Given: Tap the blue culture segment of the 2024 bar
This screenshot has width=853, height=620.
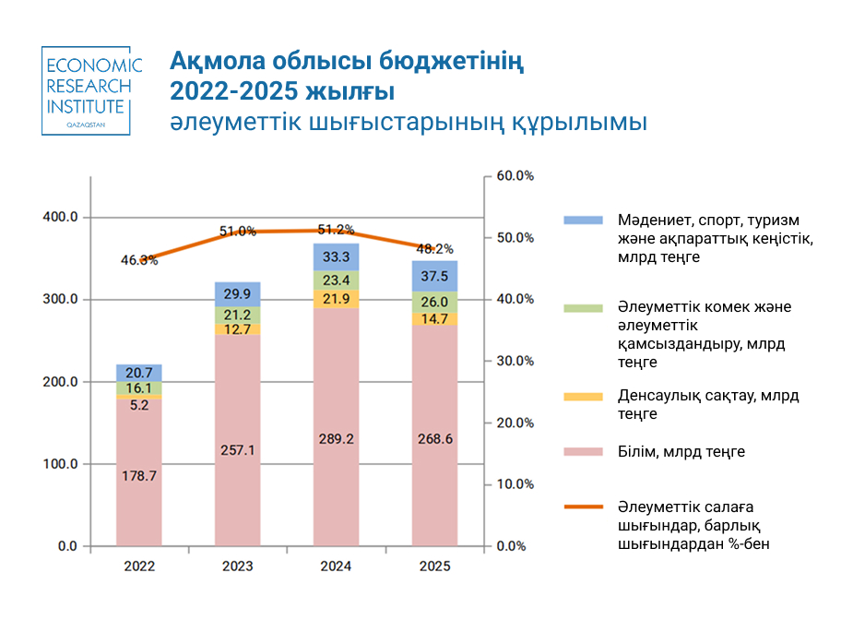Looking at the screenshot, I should (x=336, y=256).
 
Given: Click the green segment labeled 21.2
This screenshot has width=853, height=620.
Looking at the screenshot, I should (x=237, y=316).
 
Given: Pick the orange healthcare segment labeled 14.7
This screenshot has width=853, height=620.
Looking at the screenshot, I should (x=433, y=318).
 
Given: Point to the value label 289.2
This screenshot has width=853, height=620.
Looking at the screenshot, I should (x=336, y=439).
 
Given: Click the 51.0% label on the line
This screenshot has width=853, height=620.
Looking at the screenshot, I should (x=237, y=231).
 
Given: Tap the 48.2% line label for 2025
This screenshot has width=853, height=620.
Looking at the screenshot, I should (x=435, y=249).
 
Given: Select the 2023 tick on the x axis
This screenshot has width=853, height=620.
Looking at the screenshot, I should (x=237, y=566).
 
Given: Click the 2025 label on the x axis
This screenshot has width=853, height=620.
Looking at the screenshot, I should (x=434, y=566).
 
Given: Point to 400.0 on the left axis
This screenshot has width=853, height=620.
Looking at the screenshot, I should (x=61, y=217).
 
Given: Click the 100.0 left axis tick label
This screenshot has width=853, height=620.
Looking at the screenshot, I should (x=61, y=464).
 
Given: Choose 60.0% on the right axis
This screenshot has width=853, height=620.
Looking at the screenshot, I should (x=515, y=175).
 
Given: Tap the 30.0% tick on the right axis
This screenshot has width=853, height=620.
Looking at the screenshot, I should (x=515, y=361).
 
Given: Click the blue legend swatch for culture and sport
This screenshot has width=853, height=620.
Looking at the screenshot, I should (x=583, y=221).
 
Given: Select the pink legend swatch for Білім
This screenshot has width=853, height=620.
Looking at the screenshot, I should (x=583, y=452).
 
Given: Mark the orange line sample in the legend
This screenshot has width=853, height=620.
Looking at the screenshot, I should (x=583, y=507).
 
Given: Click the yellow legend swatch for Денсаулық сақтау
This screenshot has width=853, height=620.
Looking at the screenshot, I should (x=583, y=397).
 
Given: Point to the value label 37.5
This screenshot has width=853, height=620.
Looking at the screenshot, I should (x=433, y=276).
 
